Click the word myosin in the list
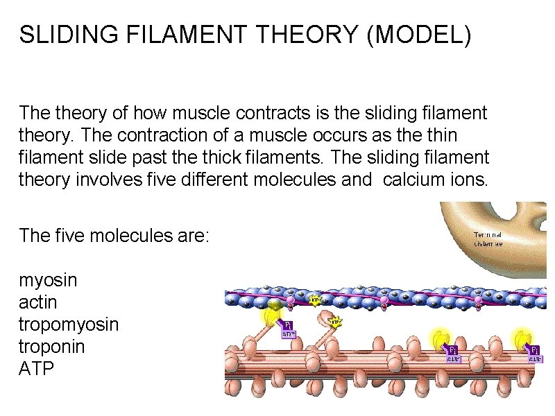pyautogui.click(x=48, y=281)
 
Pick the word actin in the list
pyautogui.click(x=38, y=303)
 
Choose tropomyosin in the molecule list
pyautogui.click(x=69, y=325)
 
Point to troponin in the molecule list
pyautogui.click(x=52, y=347)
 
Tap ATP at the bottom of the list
pyautogui.click(x=36, y=369)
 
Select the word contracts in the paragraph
pyautogui.click(x=269, y=112)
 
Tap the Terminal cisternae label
pyautogui.click(x=488, y=239)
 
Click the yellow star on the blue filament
pyautogui.click(x=315, y=300)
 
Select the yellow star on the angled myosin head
pyautogui.click(x=334, y=322)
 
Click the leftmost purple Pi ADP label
pyautogui.click(x=288, y=329)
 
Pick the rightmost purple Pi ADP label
pyautogui.click(x=535, y=354)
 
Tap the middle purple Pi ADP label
pyautogui.click(x=452, y=354)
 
